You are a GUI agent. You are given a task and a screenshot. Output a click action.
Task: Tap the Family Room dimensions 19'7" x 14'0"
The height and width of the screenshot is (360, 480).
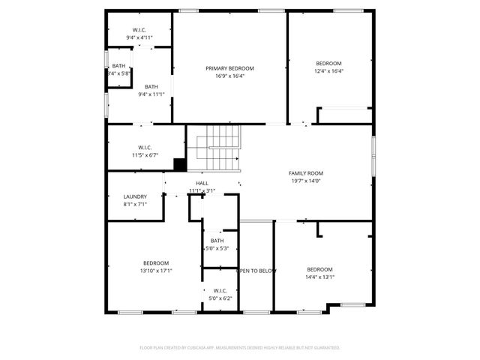305,181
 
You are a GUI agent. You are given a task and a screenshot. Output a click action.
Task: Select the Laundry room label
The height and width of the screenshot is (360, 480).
135,196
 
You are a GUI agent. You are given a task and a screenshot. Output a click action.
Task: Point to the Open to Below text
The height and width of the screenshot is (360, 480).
257,270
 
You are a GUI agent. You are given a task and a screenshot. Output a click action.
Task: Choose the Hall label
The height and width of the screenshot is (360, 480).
202,183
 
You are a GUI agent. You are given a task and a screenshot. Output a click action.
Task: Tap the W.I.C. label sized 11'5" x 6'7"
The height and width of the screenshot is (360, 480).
145,147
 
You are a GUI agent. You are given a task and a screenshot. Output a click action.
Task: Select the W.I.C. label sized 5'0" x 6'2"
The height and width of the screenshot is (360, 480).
220,291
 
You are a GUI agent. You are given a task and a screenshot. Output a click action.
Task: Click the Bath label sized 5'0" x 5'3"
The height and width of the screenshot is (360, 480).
217,241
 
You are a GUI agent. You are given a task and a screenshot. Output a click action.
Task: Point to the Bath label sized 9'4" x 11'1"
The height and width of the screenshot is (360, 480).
151,86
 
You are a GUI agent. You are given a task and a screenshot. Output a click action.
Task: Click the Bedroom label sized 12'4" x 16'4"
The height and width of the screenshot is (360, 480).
328,63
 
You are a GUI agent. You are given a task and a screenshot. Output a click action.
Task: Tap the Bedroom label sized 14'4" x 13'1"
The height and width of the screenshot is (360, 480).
319,269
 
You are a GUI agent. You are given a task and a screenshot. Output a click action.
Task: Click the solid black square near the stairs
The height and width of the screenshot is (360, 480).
179,165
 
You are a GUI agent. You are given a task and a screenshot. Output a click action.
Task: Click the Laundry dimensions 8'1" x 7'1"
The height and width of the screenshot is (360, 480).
135,204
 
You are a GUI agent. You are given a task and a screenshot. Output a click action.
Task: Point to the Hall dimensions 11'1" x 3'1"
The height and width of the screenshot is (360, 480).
202,190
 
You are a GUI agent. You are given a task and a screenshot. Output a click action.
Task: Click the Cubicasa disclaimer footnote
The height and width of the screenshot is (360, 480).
240,348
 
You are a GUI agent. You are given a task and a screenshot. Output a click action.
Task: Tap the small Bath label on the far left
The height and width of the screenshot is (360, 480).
119,66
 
